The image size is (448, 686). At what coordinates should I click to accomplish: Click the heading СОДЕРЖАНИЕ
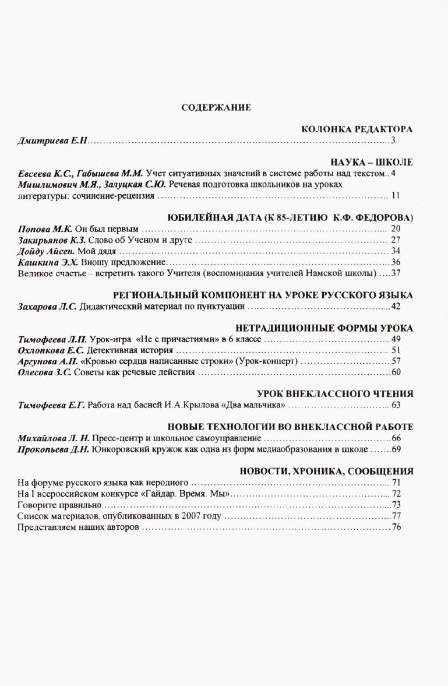(216, 107)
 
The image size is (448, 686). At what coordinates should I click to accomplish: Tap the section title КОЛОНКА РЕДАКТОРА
(357, 129)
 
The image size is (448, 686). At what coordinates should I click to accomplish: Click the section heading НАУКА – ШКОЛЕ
(371, 162)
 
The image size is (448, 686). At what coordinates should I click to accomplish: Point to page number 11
(396, 196)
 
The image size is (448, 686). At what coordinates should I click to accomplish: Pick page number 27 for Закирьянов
(396, 240)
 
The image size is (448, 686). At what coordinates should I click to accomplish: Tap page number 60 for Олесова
(396, 372)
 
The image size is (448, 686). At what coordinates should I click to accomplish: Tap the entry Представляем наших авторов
(78, 527)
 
